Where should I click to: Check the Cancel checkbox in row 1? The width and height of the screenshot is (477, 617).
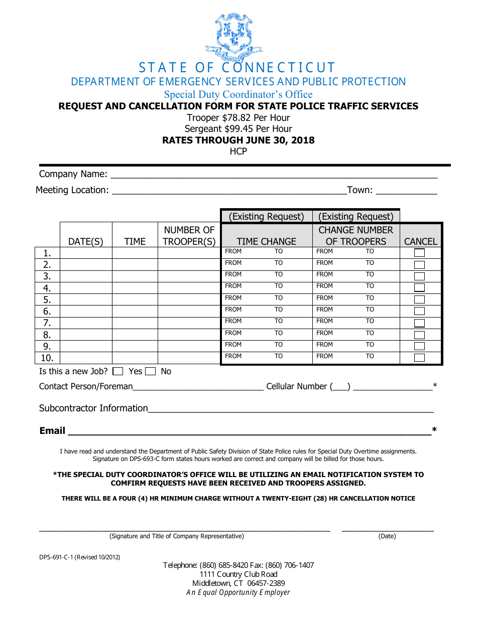[419, 253]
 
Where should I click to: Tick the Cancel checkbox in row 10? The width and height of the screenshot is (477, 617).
[419, 358]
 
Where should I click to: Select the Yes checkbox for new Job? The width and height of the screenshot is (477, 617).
[118, 372]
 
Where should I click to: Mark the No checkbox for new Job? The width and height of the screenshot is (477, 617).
[150, 372]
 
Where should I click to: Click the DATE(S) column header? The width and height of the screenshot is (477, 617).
[86, 241]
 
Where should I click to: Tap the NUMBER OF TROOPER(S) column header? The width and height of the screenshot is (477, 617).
[189, 236]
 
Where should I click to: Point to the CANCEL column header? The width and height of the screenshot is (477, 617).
[421, 241]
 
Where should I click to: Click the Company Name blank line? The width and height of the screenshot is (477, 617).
[274, 175]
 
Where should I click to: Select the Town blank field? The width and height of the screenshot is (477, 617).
[406, 191]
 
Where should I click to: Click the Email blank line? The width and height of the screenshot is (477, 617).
[249, 431]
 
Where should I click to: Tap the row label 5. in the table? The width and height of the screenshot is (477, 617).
[47, 300]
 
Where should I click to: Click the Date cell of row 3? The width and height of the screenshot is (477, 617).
[86, 276]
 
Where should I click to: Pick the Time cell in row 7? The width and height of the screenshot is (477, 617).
[135, 323]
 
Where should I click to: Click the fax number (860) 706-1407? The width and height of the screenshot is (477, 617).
[290, 565]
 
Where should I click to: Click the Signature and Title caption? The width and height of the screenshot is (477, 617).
[177, 536]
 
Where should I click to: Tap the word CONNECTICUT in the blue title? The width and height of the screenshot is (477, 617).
[278, 68]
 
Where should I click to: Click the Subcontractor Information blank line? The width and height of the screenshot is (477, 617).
[291, 409]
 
